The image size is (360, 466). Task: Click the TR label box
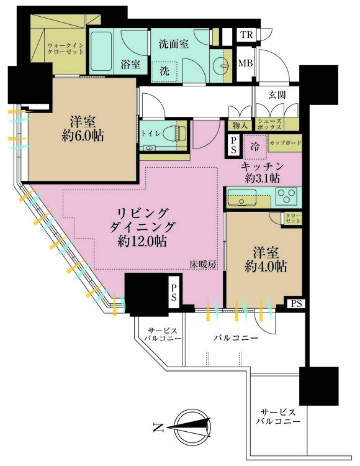246,35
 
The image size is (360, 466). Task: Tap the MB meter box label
246,63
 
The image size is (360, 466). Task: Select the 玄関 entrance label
277,95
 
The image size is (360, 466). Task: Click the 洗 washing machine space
164,71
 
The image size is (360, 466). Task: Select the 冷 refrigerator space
255,147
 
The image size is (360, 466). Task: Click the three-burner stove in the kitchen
286,196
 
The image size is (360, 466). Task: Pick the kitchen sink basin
241,197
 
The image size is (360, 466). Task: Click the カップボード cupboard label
286,144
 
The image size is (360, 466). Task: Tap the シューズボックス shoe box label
269,124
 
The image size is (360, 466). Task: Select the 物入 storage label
240,125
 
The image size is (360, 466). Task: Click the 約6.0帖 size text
83,137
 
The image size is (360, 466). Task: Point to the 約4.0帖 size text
266,267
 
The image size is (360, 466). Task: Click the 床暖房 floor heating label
204,265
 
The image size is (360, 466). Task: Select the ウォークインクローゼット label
66,48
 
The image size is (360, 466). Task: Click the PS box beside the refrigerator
233,145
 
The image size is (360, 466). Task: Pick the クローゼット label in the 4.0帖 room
293,219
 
